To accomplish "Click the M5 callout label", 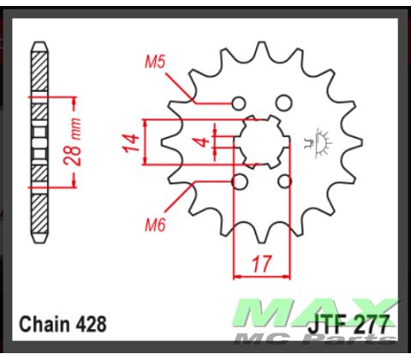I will coord(154,62).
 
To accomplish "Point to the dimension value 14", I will coord(131,143).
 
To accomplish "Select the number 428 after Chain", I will coord(91,325).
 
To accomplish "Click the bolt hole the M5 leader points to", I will coord(240,104).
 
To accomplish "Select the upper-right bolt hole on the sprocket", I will coord(283,104).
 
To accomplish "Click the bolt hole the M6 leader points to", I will coord(240,182).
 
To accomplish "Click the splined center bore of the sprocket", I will coord(262,142).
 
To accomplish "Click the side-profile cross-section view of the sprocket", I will coord(38,142).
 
